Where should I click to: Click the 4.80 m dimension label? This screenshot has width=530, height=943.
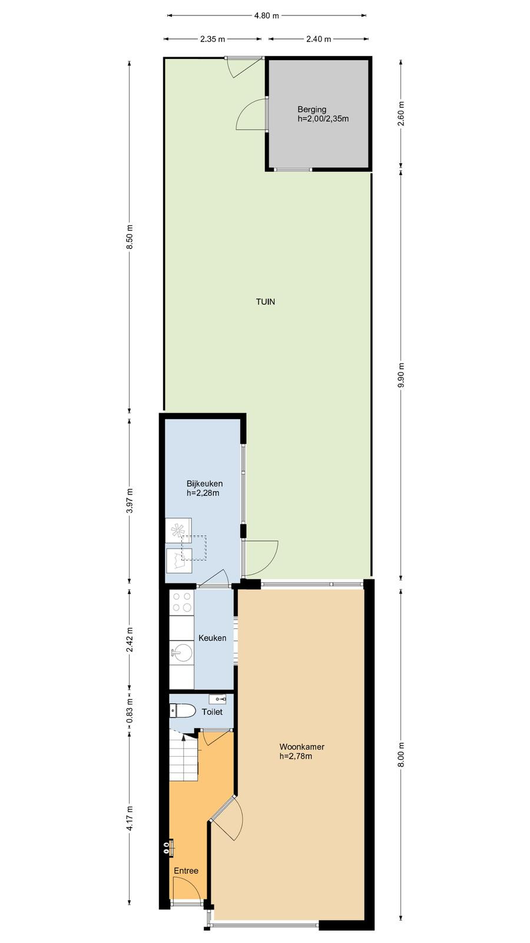tap(267, 16)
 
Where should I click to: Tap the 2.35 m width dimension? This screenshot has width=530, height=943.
tap(213, 39)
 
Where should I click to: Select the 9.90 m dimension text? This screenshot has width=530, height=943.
tap(401, 374)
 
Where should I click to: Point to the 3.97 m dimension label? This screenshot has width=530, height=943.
tap(130, 500)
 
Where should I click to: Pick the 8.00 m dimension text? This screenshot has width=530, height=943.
tap(401, 754)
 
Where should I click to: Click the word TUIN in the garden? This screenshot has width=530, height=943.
tap(266, 301)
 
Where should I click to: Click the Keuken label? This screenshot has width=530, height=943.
tap(213, 638)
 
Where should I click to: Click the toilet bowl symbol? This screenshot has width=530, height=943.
tap(183, 711)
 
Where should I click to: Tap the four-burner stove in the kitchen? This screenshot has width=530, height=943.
tap(181, 602)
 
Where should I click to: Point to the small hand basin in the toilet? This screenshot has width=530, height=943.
tap(218, 699)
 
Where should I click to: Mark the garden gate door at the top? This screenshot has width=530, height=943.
tap(244, 67)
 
